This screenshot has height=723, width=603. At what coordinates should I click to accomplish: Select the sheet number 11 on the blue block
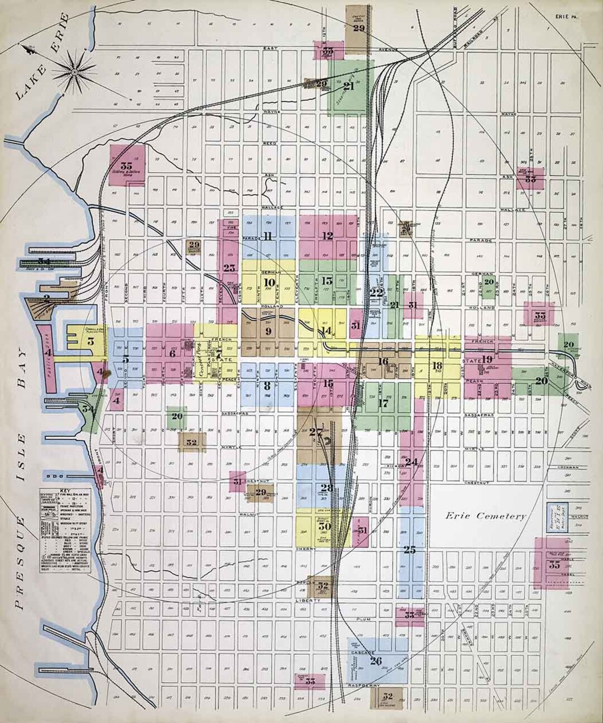[x=268, y=236]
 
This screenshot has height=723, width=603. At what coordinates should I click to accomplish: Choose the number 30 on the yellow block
[x=325, y=526]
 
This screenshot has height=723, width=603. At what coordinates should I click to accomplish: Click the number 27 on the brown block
[x=316, y=431]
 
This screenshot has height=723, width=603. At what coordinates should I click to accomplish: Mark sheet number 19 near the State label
[x=487, y=359]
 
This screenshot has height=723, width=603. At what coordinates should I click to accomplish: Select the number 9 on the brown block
[x=269, y=331]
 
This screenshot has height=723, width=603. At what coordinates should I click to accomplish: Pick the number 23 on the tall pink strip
[x=229, y=268]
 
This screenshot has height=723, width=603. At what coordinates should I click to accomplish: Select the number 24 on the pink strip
[x=412, y=462]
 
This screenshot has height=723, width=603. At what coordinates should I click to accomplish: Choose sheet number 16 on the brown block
[x=383, y=361]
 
